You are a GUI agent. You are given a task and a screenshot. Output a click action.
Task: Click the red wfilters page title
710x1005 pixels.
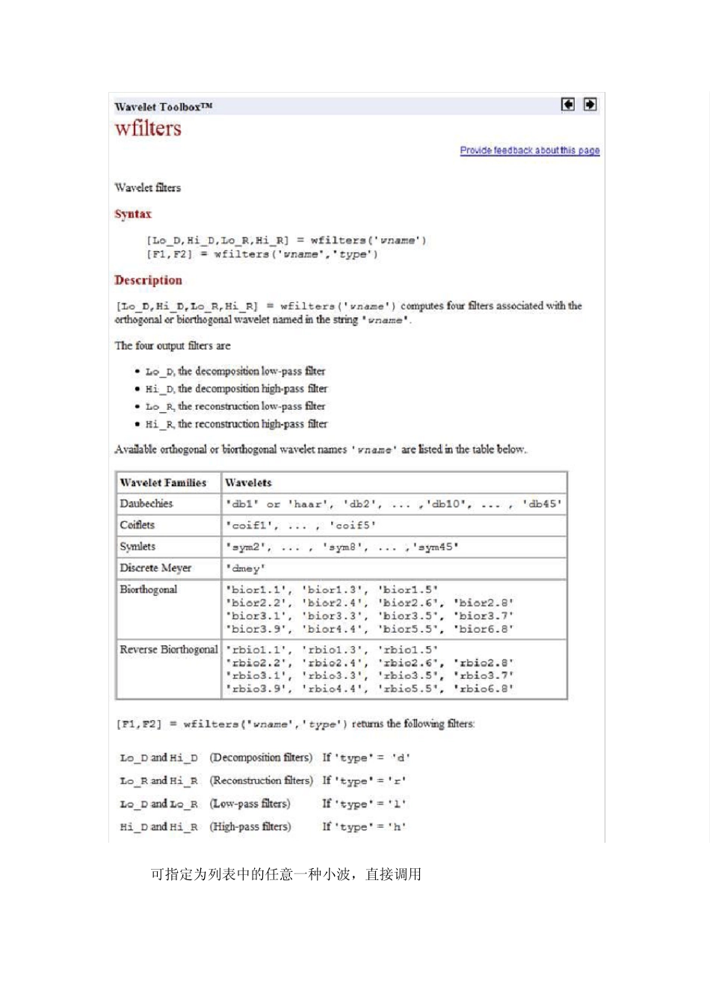pyautogui.click(x=148, y=129)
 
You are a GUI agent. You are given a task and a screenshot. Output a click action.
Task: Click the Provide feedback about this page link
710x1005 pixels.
pyautogui.click(x=529, y=150)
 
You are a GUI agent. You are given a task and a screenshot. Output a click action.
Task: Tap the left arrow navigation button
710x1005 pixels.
pyautogui.click(x=568, y=105)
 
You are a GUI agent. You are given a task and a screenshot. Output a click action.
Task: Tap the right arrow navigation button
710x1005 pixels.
pyautogui.click(x=590, y=105)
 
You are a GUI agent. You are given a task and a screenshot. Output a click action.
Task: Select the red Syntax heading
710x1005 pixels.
pyautogui.click(x=133, y=214)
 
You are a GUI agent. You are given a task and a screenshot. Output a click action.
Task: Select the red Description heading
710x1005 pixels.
pyautogui.click(x=148, y=280)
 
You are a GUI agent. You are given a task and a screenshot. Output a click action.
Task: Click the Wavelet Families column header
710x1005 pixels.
pyautogui.click(x=163, y=483)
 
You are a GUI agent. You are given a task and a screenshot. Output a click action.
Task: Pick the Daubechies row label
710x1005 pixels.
pyautogui.click(x=146, y=504)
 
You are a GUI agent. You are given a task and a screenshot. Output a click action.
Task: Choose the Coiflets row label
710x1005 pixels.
pyautogui.click(x=138, y=525)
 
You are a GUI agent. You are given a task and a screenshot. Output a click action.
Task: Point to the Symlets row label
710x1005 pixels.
pyautogui.click(x=138, y=547)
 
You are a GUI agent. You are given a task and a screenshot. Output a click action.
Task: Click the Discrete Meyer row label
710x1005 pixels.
pyautogui.click(x=155, y=568)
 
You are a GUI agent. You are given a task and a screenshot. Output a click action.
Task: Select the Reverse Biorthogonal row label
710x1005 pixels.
pyautogui.click(x=169, y=650)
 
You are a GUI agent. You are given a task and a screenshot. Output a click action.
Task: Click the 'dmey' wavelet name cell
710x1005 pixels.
pyautogui.click(x=245, y=569)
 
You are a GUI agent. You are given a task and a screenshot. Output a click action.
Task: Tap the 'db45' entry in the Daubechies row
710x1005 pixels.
pyautogui.click(x=542, y=505)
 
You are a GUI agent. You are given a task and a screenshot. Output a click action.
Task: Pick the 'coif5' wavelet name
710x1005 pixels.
pyautogui.click(x=352, y=526)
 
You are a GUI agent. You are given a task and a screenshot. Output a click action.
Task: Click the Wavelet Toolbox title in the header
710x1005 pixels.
pyautogui.click(x=163, y=107)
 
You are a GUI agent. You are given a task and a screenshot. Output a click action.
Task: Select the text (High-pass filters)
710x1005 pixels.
pyautogui.click(x=250, y=827)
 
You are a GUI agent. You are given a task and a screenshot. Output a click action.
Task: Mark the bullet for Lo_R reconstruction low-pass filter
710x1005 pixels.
pyautogui.click(x=138, y=407)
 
